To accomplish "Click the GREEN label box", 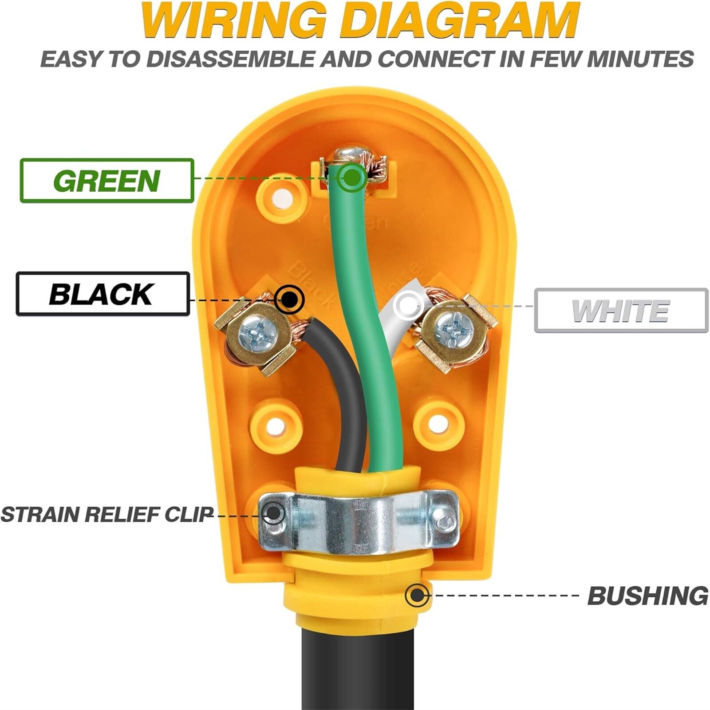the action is [x=107, y=181].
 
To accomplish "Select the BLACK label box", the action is [x=103, y=294].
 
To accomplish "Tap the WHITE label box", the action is [x=621, y=310].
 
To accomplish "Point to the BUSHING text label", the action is [x=648, y=596].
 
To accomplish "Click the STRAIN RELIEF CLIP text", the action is [x=107, y=514].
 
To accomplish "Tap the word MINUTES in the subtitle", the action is [x=640, y=59].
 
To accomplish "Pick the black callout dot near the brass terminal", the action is [x=289, y=300].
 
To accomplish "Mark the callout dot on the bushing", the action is [x=417, y=595].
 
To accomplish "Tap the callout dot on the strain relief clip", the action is [x=274, y=514].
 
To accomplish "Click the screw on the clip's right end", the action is [x=444, y=520].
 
